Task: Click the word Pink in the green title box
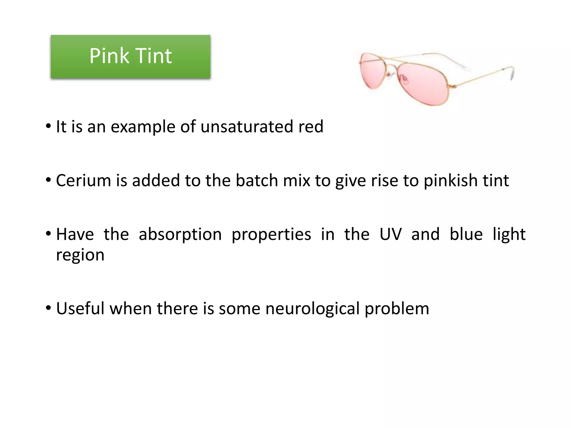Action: point(109,56)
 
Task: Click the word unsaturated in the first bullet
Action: point(247,127)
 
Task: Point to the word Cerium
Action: point(83,180)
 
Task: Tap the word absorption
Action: point(180,235)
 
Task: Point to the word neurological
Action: point(312,309)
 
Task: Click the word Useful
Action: point(80,308)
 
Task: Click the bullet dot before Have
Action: point(49,234)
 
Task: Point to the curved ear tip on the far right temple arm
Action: point(512,74)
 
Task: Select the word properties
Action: point(271,235)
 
